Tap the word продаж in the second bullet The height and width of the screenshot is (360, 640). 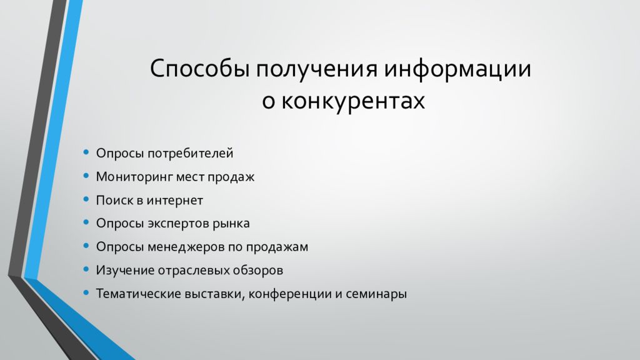[x=233, y=177]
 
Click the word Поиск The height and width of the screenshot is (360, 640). [x=113, y=201]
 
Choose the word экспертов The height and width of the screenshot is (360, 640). [x=178, y=224]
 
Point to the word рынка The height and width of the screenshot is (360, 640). [x=231, y=224]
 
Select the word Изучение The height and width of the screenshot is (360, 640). [x=122, y=271]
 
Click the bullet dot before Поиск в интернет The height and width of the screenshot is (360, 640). [x=86, y=200]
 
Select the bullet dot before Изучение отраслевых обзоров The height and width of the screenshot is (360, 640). [x=86, y=270]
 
